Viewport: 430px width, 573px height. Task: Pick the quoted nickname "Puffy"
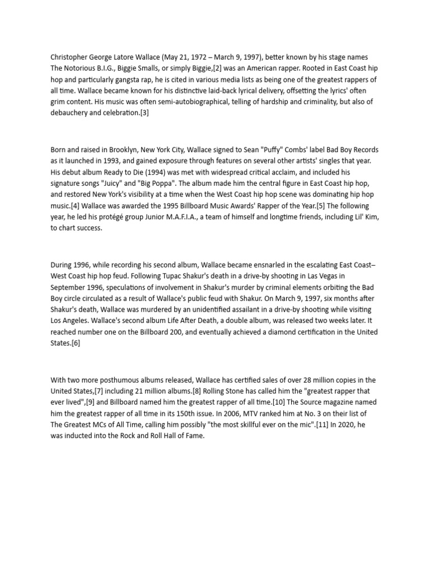[263, 150]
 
